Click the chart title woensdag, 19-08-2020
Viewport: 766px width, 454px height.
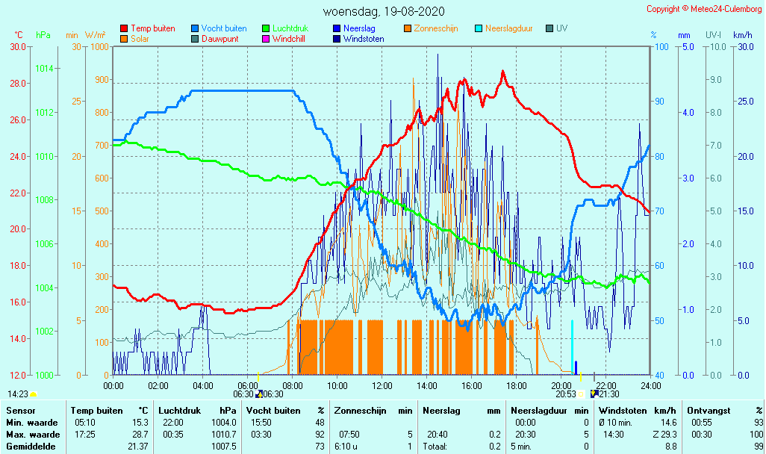coord(383,11)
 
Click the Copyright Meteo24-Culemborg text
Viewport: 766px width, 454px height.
coord(704,9)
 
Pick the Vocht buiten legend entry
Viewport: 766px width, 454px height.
coord(222,28)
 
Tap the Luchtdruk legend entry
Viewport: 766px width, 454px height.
coord(295,28)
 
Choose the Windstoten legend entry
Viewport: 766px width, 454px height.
coord(364,39)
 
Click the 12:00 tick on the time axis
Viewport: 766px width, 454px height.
coord(382,385)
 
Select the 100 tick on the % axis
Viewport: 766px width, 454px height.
coord(661,47)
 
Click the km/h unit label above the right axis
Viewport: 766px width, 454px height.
coord(742,35)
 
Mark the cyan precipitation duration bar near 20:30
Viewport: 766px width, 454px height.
coord(573,346)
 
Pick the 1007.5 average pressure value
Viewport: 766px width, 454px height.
coord(225,447)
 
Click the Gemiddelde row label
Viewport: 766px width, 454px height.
coord(31,447)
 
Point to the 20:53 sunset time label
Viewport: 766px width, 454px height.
coord(566,394)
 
